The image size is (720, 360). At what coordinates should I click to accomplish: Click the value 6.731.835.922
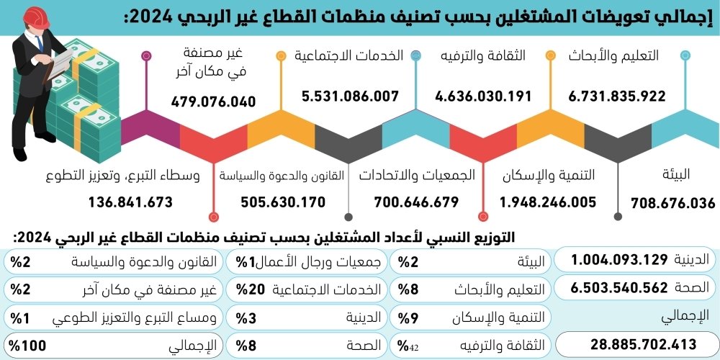[x=617, y=96]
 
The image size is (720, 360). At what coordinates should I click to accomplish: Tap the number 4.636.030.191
[x=483, y=96]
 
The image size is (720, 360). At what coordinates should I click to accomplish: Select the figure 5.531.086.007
[x=351, y=96]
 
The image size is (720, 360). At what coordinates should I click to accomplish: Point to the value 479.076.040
[x=213, y=102]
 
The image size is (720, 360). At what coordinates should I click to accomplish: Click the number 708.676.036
[x=672, y=203]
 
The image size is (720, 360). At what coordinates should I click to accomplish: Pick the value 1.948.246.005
[x=548, y=203]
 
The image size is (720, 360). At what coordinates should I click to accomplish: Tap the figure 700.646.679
[x=416, y=203]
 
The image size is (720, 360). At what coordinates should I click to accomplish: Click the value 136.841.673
[x=131, y=203]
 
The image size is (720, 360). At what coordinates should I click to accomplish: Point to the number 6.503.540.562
[x=620, y=289]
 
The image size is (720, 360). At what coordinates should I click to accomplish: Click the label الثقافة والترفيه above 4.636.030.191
[x=482, y=56]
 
